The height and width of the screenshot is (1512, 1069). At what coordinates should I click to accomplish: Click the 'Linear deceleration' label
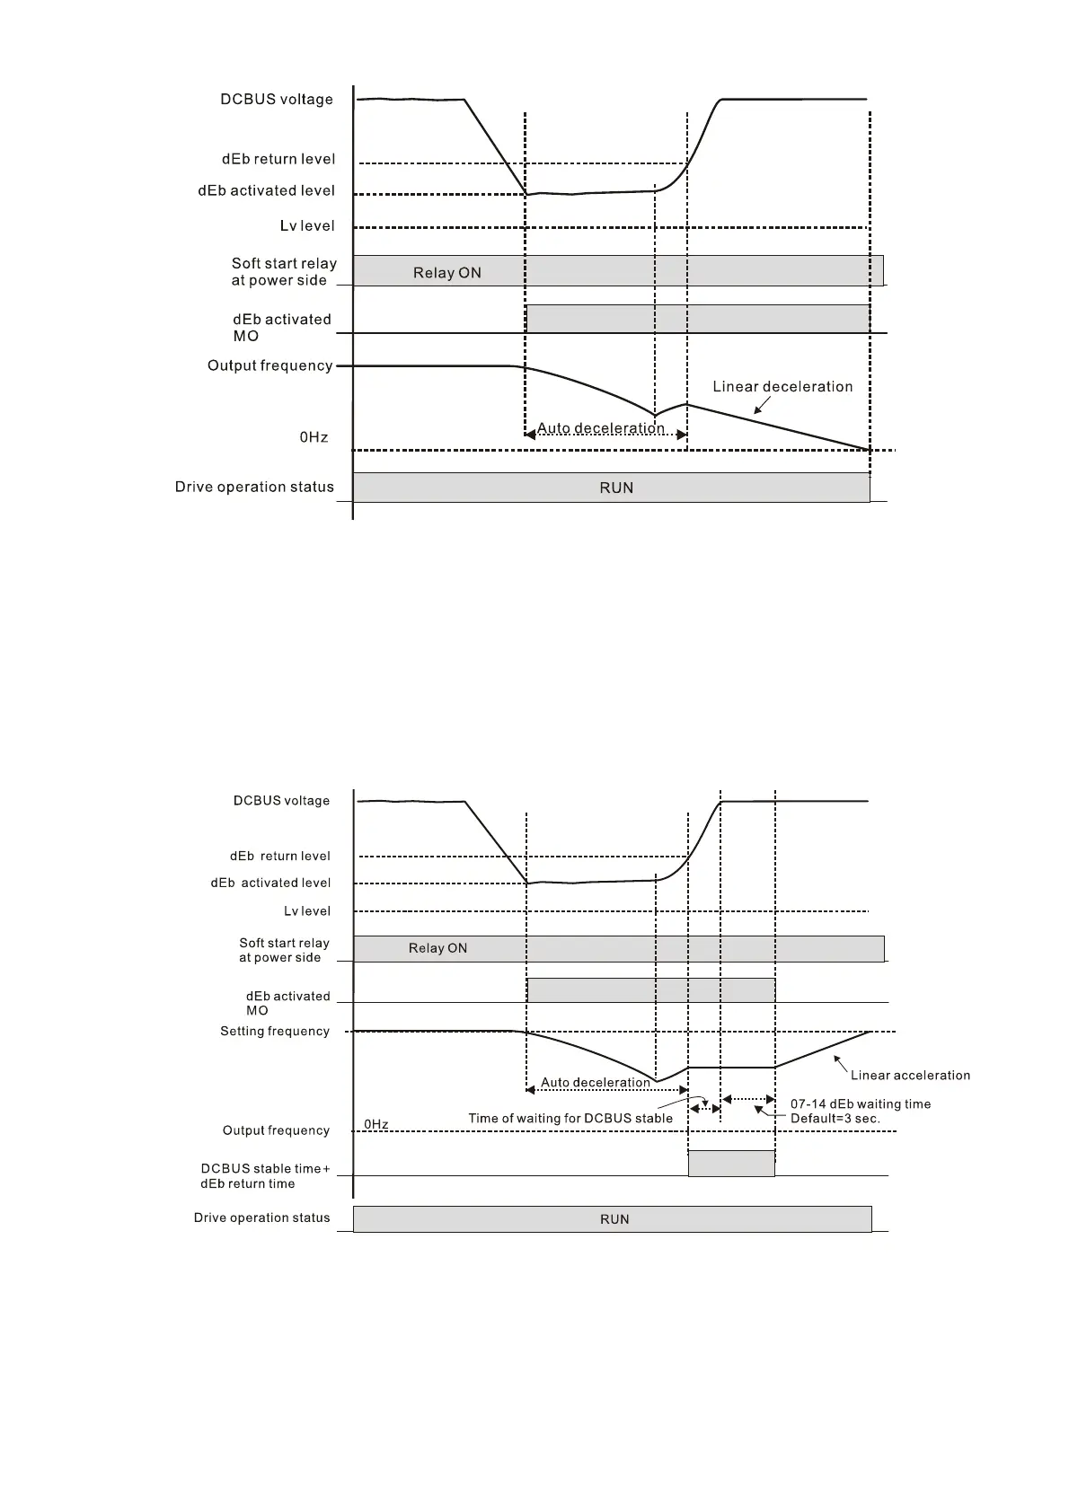pyautogui.click(x=782, y=387)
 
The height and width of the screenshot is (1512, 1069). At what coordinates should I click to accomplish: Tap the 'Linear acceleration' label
pyautogui.click(x=910, y=1076)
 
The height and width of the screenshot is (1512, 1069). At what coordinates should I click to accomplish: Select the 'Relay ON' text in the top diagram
pyautogui.click(x=447, y=273)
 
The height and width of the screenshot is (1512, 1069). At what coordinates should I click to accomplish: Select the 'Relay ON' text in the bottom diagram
pyautogui.click(x=437, y=948)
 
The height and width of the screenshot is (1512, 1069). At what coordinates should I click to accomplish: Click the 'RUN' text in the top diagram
pyautogui.click(x=616, y=488)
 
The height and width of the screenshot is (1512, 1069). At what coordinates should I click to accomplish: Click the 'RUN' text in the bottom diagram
pyautogui.click(x=614, y=1219)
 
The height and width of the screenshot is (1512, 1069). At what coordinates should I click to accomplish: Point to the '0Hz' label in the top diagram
pyautogui.click(x=314, y=437)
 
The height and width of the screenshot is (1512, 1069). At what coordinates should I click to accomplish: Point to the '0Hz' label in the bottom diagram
pyautogui.click(x=376, y=1124)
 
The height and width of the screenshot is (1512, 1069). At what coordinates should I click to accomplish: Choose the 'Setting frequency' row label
pyautogui.click(x=275, y=1032)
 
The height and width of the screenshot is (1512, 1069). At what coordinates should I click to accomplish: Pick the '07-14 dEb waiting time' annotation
pyautogui.click(x=860, y=1104)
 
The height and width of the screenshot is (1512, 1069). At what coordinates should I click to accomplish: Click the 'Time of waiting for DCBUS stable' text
pyautogui.click(x=570, y=1119)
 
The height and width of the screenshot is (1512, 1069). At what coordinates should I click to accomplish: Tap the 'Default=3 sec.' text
pyautogui.click(x=835, y=1119)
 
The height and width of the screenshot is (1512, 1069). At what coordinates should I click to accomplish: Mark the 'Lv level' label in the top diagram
pyautogui.click(x=307, y=226)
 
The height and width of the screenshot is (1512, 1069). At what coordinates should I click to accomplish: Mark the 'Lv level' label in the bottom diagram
pyautogui.click(x=307, y=911)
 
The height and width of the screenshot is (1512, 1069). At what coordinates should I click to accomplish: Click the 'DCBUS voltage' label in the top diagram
pyautogui.click(x=277, y=100)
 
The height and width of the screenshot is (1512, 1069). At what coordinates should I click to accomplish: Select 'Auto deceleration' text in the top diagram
pyautogui.click(x=600, y=428)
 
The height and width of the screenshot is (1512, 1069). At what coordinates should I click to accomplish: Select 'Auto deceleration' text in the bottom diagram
pyautogui.click(x=596, y=1083)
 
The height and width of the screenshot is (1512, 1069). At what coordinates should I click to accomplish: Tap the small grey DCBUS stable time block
pyautogui.click(x=731, y=1163)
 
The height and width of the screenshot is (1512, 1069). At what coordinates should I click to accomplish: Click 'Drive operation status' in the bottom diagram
pyautogui.click(x=261, y=1218)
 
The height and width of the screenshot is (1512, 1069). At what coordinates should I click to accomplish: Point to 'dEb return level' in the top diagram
pyautogui.click(x=278, y=159)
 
